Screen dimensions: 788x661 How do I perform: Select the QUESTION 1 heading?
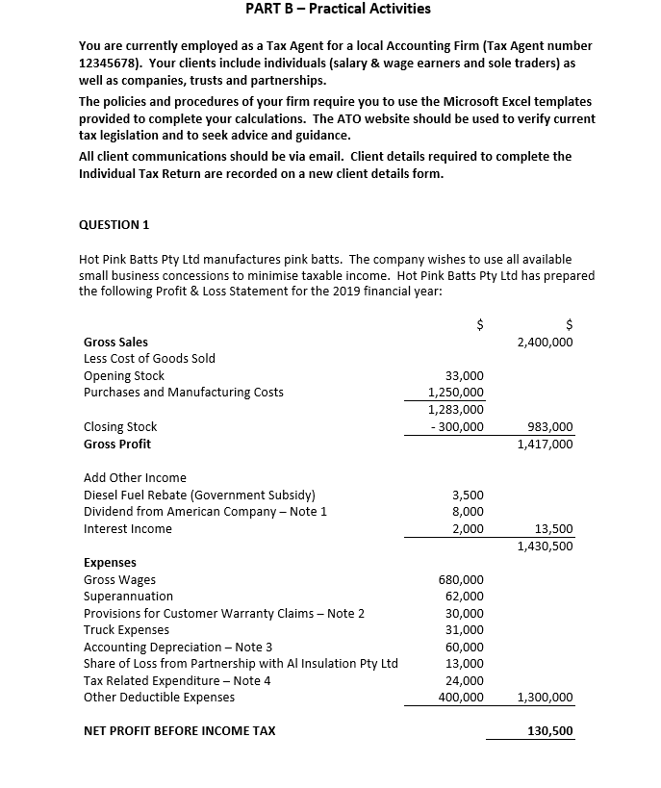(114, 224)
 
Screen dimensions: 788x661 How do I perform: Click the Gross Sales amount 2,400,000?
(545, 342)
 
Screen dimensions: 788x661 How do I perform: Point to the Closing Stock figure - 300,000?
(456, 426)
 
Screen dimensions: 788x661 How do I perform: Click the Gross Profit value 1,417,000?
(545, 444)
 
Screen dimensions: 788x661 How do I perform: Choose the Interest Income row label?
(128, 528)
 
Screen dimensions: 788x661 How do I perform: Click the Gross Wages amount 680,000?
(462, 579)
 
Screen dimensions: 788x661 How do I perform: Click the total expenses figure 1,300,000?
(545, 698)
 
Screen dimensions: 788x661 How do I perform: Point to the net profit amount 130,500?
(550, 731)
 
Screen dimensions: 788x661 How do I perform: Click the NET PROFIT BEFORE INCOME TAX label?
(179, 731)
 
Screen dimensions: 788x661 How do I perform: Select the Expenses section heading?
(110, 562)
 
